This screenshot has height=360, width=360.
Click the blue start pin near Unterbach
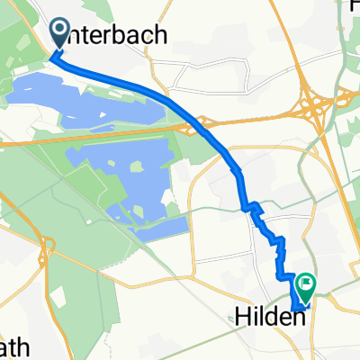coord(60,34)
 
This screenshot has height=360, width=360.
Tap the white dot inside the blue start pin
coord(60,31)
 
